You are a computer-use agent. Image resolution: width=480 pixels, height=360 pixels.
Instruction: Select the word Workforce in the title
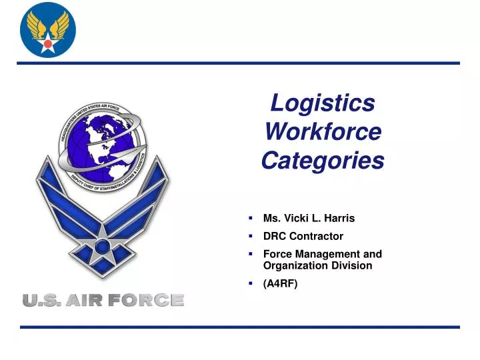[323, 131]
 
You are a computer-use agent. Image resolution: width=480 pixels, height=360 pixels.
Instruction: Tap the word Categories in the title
[323, 161]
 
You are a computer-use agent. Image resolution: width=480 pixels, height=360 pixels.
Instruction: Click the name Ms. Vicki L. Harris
[309, 218]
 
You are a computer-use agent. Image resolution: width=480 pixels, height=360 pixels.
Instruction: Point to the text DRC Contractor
[303, 236]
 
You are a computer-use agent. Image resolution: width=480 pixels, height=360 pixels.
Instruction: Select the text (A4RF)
[281, 283]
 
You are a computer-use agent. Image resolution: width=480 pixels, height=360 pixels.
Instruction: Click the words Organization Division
[317, 265]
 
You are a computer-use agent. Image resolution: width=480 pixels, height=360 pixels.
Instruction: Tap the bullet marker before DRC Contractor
[250, 236]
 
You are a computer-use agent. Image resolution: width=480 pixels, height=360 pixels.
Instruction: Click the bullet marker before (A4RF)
[250, 283]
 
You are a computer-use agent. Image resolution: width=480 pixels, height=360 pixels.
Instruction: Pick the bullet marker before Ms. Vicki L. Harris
[250, 218]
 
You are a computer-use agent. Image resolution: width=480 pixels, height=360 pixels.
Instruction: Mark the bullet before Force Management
[250, 254]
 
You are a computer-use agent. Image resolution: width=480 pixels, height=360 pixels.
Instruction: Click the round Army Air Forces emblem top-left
[47, 30]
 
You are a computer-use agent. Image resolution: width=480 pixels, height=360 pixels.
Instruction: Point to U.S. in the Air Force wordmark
[41, 301]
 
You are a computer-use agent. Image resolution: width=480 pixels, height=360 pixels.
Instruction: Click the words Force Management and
[323, 254]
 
